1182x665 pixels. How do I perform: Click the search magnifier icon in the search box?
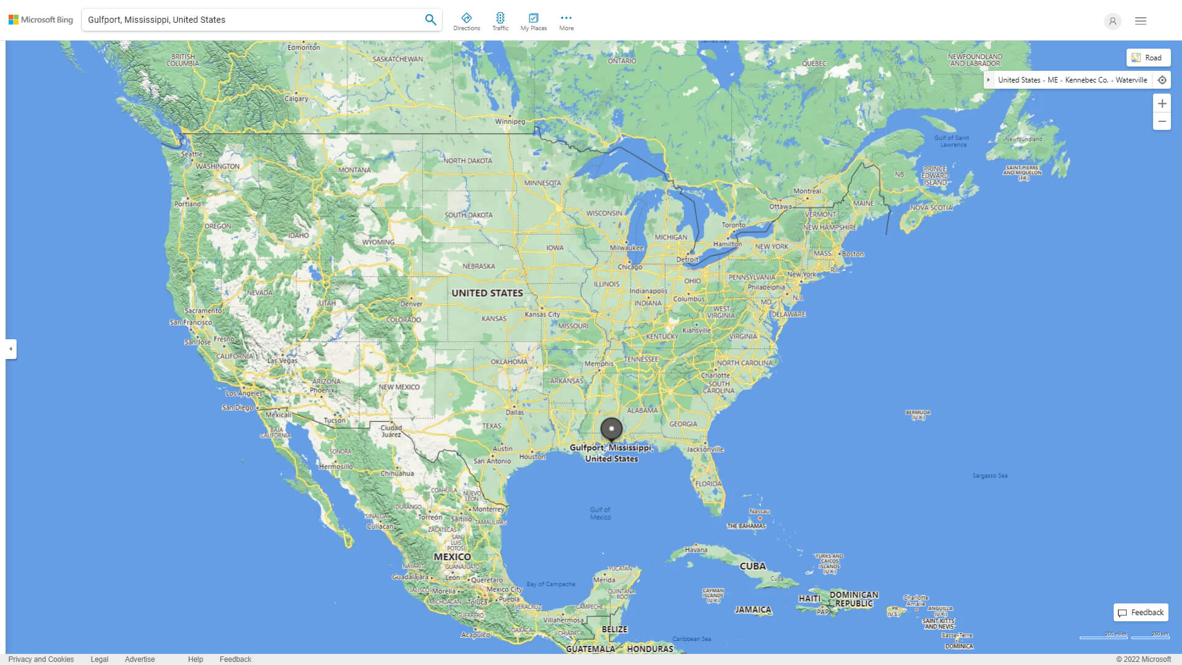430,20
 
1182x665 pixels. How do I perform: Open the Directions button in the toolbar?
467,22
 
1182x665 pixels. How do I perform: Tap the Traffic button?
501,22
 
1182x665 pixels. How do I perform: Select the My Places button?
533,22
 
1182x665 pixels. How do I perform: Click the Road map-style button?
1148,58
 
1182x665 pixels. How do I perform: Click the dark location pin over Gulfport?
611,429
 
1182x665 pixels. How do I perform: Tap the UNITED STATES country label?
487,293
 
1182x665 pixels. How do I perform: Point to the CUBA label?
752,566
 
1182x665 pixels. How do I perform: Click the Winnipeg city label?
510,121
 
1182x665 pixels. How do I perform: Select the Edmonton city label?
304,47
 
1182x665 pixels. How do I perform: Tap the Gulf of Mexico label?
600,514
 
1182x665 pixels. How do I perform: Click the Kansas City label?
542,315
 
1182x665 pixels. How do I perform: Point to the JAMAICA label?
753,610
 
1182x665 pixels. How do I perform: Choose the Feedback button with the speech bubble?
1141,613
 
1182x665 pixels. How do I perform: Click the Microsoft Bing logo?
41,20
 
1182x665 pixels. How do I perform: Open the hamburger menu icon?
1141,21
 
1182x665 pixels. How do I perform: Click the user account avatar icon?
1112,21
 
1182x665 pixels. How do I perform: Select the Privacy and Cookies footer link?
41,659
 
